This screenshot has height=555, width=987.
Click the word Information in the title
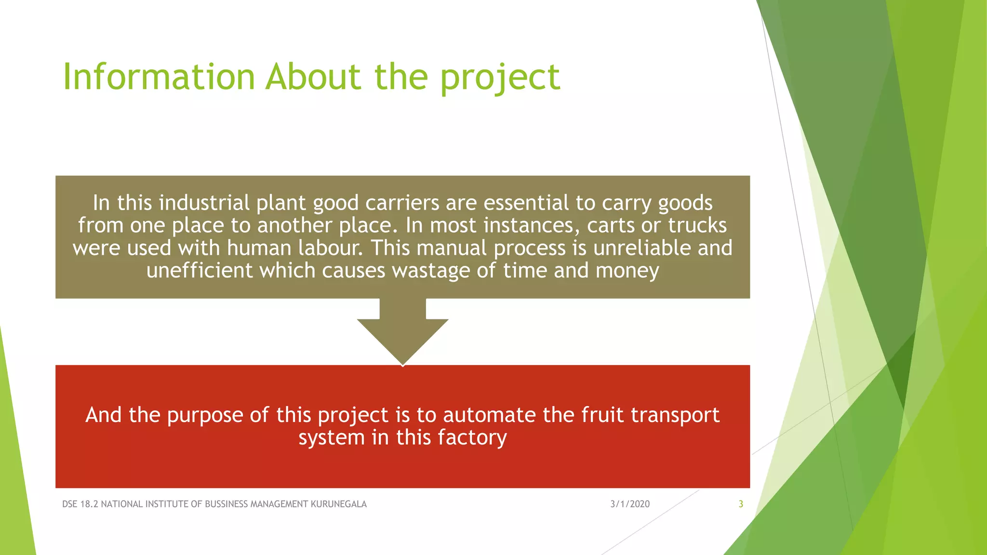[x=159, y=77]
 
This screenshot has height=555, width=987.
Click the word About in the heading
[x=313, y=77]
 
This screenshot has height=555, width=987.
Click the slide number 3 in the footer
[x=741, y=504]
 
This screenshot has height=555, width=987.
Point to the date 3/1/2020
[x=630, y=504]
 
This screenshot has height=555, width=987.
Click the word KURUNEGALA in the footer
[x=338, y=504]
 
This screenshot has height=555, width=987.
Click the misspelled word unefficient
[x=199, y=271]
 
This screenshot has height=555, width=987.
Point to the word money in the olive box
[x=627, y=271]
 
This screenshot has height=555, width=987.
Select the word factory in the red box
[x=472, y=438]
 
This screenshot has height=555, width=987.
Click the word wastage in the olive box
[x=430, y=271]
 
